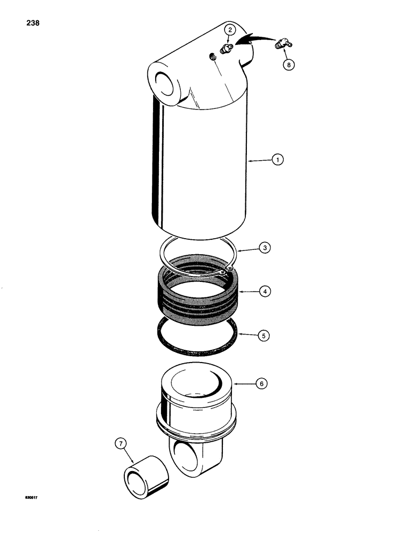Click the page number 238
[x=31, y=23]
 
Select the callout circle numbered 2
[x=228, y=29]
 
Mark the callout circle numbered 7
[x=121, y=444]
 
